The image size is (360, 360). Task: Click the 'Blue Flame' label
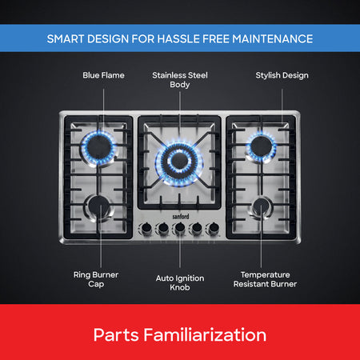coord(103,75)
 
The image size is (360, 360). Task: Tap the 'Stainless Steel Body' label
coord(180,80)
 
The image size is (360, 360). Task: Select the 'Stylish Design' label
coord(282,75)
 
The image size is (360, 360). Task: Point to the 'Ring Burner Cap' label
coord(96,279)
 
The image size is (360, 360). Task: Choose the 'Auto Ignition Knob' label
coord(180,282)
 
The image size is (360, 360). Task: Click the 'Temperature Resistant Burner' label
coord(265,279)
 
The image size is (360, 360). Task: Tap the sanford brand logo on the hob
coord(181,216)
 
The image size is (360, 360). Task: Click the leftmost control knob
coord(146,228)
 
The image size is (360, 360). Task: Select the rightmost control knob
coord(214,228)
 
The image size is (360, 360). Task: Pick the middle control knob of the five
coord(180,228)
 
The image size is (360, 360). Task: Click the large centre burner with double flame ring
coord(179,162)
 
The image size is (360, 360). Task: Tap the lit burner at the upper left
coord(98,147)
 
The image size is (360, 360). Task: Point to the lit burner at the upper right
coord(262,147)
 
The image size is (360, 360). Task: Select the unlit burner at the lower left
coord(98,208)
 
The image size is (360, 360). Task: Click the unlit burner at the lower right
coord(262,208)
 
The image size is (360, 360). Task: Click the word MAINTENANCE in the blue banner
coord(273,39)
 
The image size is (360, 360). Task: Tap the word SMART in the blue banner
coord(66,39)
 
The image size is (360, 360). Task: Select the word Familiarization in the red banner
coord(205,335)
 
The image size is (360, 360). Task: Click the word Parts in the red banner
coord(116,335)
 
